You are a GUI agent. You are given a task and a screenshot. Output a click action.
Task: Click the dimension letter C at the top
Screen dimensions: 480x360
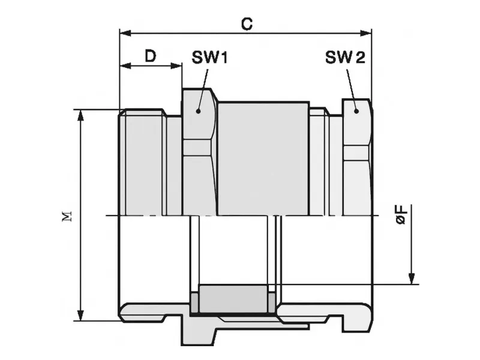tap(247, 24)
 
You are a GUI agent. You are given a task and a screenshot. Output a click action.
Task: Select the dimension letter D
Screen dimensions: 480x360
tap(150, 56)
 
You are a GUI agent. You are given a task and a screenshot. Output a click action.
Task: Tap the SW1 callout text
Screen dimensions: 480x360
tap(209, 57)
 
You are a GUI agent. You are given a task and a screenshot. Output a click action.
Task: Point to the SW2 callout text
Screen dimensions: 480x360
tap(345, 57)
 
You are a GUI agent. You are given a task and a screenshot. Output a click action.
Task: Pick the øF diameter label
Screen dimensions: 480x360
tap(402, 215)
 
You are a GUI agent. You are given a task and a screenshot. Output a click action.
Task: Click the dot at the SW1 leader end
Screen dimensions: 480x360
tap(198, 111)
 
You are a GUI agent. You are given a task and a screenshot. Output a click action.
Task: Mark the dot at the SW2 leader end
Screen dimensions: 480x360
tap(356, 111)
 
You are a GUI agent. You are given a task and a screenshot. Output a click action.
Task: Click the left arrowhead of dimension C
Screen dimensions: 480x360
tap(125, 33)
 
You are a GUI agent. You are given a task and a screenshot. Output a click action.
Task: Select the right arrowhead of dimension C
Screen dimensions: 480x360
tap(365, 33)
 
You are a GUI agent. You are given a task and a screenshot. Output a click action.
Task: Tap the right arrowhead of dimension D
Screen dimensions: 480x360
tap(176, 65)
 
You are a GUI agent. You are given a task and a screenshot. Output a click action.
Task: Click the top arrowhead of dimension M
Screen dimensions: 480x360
tap(80, 116)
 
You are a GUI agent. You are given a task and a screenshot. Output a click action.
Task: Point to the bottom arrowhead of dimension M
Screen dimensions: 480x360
tap(80, 315)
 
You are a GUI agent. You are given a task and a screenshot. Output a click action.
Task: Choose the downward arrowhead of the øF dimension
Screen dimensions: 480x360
tap(412, 278)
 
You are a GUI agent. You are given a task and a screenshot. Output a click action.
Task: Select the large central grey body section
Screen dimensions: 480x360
tap(263, 158)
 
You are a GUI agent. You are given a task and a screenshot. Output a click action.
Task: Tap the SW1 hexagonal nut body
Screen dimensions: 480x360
tap(199, 152)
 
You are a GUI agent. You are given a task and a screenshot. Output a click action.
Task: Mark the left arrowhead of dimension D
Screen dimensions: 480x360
tap(125, 65)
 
